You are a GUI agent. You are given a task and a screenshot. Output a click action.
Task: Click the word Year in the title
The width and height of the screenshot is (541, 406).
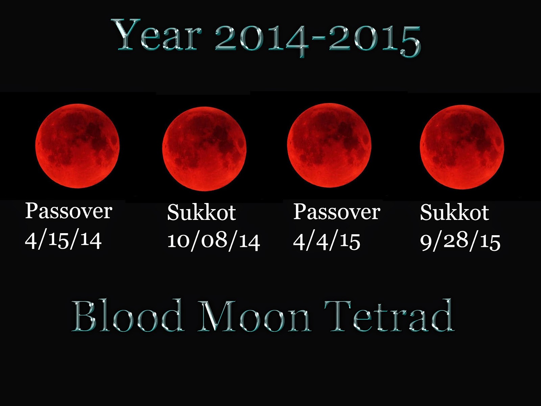157,35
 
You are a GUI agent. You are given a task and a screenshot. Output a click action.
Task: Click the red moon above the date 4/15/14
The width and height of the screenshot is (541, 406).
77,146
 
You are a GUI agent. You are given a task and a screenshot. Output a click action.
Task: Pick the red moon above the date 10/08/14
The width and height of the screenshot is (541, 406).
204,149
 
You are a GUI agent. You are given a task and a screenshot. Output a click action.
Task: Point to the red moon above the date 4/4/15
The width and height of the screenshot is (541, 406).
329,145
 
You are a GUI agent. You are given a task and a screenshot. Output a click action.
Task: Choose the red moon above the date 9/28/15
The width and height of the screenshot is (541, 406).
462,147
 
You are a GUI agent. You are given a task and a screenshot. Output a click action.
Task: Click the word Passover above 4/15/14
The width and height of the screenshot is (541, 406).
69,211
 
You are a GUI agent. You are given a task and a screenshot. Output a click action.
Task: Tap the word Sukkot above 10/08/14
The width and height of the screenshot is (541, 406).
202,212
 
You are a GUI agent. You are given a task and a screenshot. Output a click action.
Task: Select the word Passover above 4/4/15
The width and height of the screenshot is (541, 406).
337,212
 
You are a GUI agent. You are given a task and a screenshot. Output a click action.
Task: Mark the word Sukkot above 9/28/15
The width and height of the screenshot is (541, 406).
455,212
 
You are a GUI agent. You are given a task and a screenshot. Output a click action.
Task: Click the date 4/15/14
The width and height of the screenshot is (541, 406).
63,240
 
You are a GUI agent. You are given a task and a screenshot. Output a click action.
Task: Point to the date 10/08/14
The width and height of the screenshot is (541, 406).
213,241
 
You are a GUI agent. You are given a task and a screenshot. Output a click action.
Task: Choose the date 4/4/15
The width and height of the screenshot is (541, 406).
327,241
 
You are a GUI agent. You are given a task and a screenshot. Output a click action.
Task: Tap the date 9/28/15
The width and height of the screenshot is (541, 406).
460,242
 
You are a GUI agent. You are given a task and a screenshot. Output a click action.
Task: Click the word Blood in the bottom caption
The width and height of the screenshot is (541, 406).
128,316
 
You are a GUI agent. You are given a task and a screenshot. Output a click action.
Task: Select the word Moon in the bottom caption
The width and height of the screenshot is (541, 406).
254,316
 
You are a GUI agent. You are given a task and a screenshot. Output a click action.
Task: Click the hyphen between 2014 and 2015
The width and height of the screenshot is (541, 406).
320,39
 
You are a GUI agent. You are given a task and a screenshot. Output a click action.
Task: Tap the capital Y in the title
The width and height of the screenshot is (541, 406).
126,35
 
